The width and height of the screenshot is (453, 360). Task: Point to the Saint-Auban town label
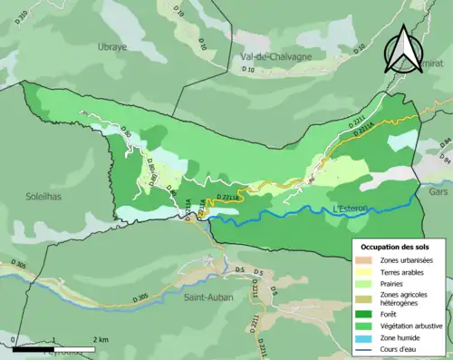tap(208, 297)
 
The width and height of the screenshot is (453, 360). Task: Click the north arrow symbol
tap(403, 50)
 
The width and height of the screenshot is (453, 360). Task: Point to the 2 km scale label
tap(101, 339)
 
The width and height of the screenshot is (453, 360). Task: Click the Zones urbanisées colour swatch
tap(368, 260)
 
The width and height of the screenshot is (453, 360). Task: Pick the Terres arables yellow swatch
tap(368, 272)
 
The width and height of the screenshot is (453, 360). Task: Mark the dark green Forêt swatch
tap(368, 315)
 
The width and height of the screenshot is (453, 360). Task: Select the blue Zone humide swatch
tap(368, 337)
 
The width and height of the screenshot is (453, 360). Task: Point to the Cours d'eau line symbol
tap(368, 349)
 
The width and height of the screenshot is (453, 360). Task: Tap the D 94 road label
tap(444, 143)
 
